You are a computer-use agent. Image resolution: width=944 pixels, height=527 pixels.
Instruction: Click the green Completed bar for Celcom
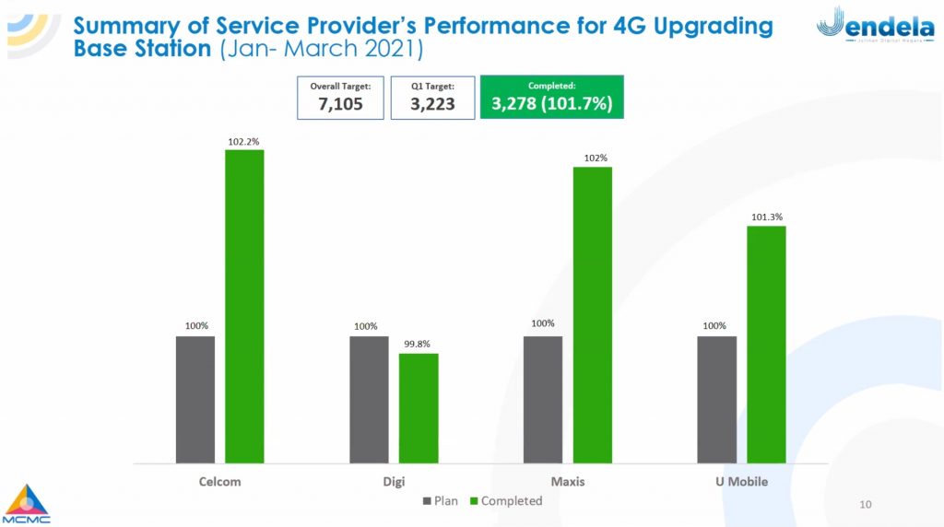click(x=244, y=306)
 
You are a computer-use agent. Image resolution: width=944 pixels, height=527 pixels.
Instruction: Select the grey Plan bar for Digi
click(x=369, y=400)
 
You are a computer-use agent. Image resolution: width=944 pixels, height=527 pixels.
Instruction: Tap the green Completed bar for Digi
click(x=419, y=408)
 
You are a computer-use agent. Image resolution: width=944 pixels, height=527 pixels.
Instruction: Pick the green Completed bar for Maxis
click(x=593, y=315)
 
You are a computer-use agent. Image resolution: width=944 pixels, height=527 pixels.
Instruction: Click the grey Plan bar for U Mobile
click(x=717, y=400)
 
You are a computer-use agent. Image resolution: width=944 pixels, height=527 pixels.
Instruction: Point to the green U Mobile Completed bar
click(x=766, y=345)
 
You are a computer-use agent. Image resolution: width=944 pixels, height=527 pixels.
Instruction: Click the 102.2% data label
click(x=243, y=142)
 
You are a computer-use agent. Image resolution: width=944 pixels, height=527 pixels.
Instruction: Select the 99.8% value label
click(x=418, y=344)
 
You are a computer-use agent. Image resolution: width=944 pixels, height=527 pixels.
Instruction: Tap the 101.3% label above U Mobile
click(x=767, y=217)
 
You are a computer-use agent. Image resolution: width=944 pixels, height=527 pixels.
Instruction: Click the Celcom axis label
click(x=219, y=482)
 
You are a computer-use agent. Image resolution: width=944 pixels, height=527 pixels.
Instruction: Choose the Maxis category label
click(x=568, y=482)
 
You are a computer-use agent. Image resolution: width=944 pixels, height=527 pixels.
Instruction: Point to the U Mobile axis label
click(x=742, y=482)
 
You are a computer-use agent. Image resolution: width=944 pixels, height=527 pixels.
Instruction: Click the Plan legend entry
click(x=440, y=501)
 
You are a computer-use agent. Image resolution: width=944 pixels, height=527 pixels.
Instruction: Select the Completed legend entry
click(x=506, y=501)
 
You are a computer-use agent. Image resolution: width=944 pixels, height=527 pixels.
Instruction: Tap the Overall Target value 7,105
click(x=341, y=104)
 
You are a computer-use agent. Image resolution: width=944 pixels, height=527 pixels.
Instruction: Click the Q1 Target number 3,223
click(x=433, y=104)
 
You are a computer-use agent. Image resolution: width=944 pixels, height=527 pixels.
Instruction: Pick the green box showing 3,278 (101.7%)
click(x=552, y=97)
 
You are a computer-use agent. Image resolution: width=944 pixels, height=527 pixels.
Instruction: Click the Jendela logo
click(x=876, y=24)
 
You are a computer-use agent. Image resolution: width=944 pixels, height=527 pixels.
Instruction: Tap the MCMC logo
click(x=26, y=504)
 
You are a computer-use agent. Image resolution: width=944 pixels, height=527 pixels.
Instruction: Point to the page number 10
click(x=866, y=505)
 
